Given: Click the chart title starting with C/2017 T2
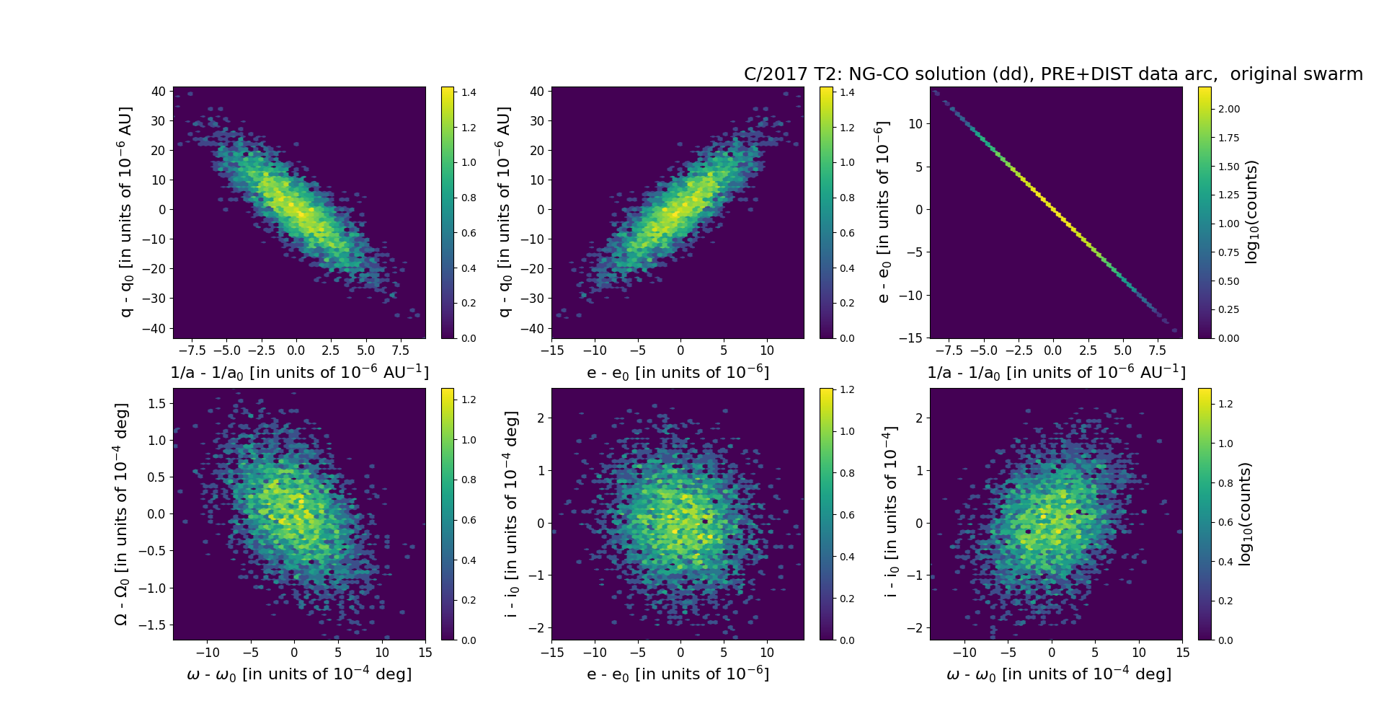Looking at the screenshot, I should click(x=1053, y=74).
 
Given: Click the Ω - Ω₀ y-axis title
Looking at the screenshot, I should click(x=121, y=513).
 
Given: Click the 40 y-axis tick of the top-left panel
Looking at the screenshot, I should click(x=159, y=92).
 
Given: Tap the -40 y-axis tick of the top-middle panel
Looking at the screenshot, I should click(x=533, y=328).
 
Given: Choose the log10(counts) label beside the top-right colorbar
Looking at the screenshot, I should click(x=1251, y=212).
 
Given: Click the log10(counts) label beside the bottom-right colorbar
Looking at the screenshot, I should click(x=1245, y=513).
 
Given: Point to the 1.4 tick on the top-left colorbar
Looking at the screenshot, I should click(x=469, y=92).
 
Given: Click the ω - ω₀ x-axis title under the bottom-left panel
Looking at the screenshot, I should click(x=299, y=674).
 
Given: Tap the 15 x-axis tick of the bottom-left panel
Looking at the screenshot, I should click(x=425, y=653).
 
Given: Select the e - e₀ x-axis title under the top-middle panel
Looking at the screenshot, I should click(x=678, y=373).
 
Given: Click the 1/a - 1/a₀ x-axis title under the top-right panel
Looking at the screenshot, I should click(x=1056, y=373).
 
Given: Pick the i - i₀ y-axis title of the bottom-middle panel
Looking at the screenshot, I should click(x=512, y=513).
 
